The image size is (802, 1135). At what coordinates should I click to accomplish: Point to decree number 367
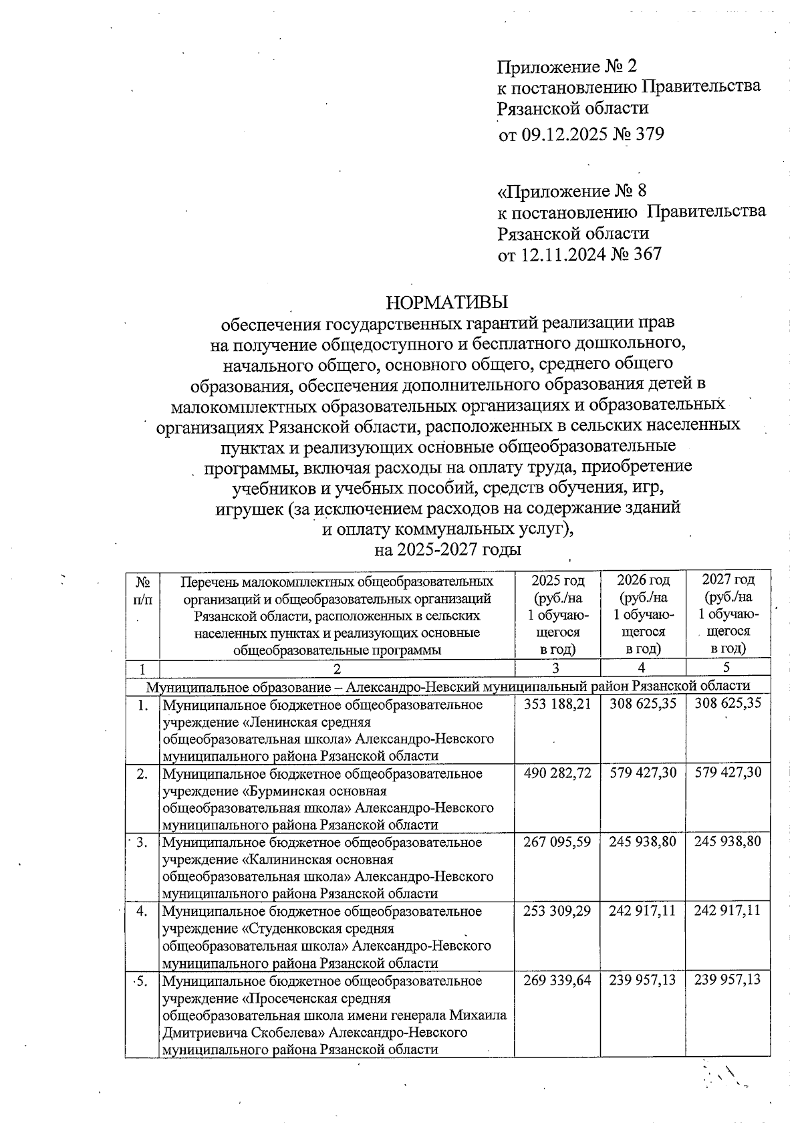click(646, 255)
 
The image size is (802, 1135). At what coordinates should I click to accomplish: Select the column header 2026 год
click(643, 580)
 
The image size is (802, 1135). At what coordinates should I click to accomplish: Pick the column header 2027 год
click(728, 580)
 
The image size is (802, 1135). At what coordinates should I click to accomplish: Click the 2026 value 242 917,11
click(643, 911)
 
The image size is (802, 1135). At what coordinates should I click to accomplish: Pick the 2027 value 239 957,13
click(728, 981)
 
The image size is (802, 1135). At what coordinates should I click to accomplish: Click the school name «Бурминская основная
click(313, 791)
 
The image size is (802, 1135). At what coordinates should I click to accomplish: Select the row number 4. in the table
click(141, 911)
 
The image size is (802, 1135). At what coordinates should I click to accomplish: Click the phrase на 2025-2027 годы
click(447, 550)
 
